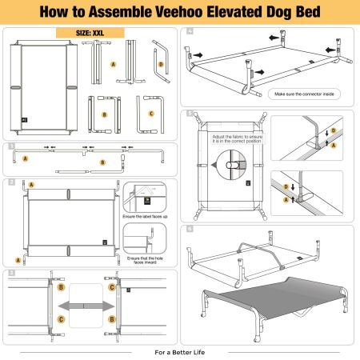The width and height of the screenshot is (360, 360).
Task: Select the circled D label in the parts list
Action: [x=161, y=65]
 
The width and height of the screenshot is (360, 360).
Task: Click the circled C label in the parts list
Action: [x=150, y=114]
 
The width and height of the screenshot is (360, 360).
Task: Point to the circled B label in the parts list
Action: [x=104, y=114]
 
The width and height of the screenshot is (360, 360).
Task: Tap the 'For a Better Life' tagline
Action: [x=180, y=351]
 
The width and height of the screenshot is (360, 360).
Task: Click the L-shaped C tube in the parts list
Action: [x=147, y=108]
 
